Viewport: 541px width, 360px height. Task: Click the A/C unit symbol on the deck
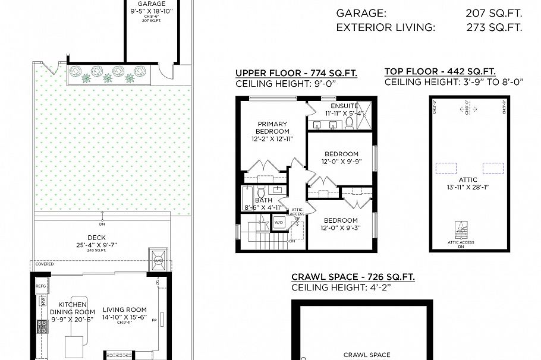(x=158, y=260)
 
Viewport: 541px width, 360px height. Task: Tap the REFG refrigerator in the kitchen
(x=40, y=286)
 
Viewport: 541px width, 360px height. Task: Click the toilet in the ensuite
(x=350, y=123)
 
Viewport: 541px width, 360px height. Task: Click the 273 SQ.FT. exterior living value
(x=493, y=27)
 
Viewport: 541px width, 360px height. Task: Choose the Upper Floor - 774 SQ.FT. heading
(x=296, y=73)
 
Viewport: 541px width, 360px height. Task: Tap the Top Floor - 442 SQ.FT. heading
(x=440, y=71)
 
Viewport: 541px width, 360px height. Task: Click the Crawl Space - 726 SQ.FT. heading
(x=353, y=277)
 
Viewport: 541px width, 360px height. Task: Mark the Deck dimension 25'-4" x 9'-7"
(x=96, y=244)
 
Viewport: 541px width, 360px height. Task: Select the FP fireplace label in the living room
(x=154, y=321)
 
